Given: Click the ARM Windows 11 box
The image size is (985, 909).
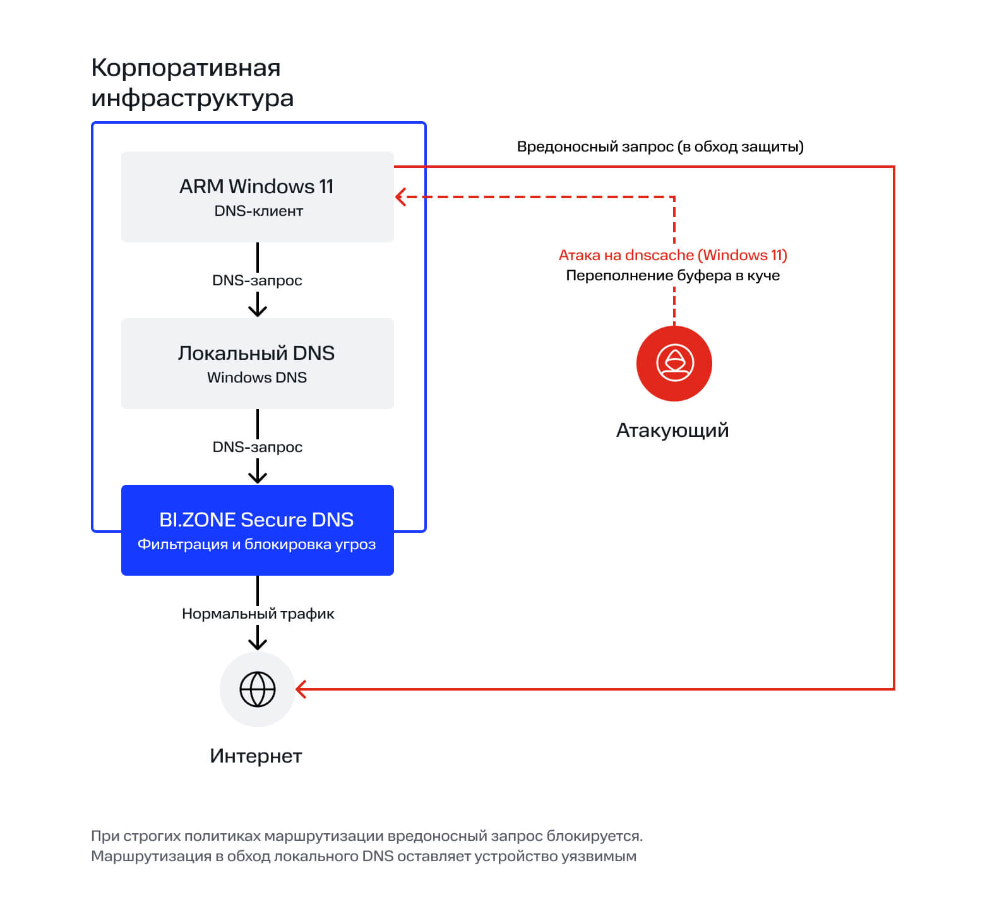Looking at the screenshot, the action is click(258, 197).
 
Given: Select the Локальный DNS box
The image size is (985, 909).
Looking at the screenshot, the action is click(258, 364).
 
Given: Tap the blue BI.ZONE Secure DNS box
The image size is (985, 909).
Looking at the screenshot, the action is click(258, 530).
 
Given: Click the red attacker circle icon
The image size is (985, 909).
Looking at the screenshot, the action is click(674, 364).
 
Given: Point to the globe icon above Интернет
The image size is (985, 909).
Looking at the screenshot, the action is click(258, 689).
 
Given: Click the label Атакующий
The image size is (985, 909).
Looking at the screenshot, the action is click(672, 431).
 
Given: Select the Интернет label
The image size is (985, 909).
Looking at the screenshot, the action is click(256, 756).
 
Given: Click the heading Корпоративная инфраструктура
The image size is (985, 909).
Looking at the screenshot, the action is click(193, 83).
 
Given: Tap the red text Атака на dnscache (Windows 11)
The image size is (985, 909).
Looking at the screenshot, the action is click(673, 255).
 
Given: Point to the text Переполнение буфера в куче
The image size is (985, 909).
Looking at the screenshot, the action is click(673, 275).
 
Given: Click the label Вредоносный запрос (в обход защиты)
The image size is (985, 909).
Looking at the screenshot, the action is click(660, 146).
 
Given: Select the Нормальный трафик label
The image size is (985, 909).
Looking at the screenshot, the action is click(258, 614).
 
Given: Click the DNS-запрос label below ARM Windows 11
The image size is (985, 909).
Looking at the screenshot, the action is click(257, 280).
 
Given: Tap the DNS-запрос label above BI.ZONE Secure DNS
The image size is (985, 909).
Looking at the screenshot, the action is click(258, 447).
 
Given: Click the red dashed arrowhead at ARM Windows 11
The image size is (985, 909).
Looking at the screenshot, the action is click(400, 197).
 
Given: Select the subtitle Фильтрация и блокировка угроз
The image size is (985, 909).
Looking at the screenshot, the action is click(256, 544).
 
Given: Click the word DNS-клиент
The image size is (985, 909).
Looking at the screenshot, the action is click(259, 211).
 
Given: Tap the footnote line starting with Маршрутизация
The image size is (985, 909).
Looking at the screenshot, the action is click(364, 856).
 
